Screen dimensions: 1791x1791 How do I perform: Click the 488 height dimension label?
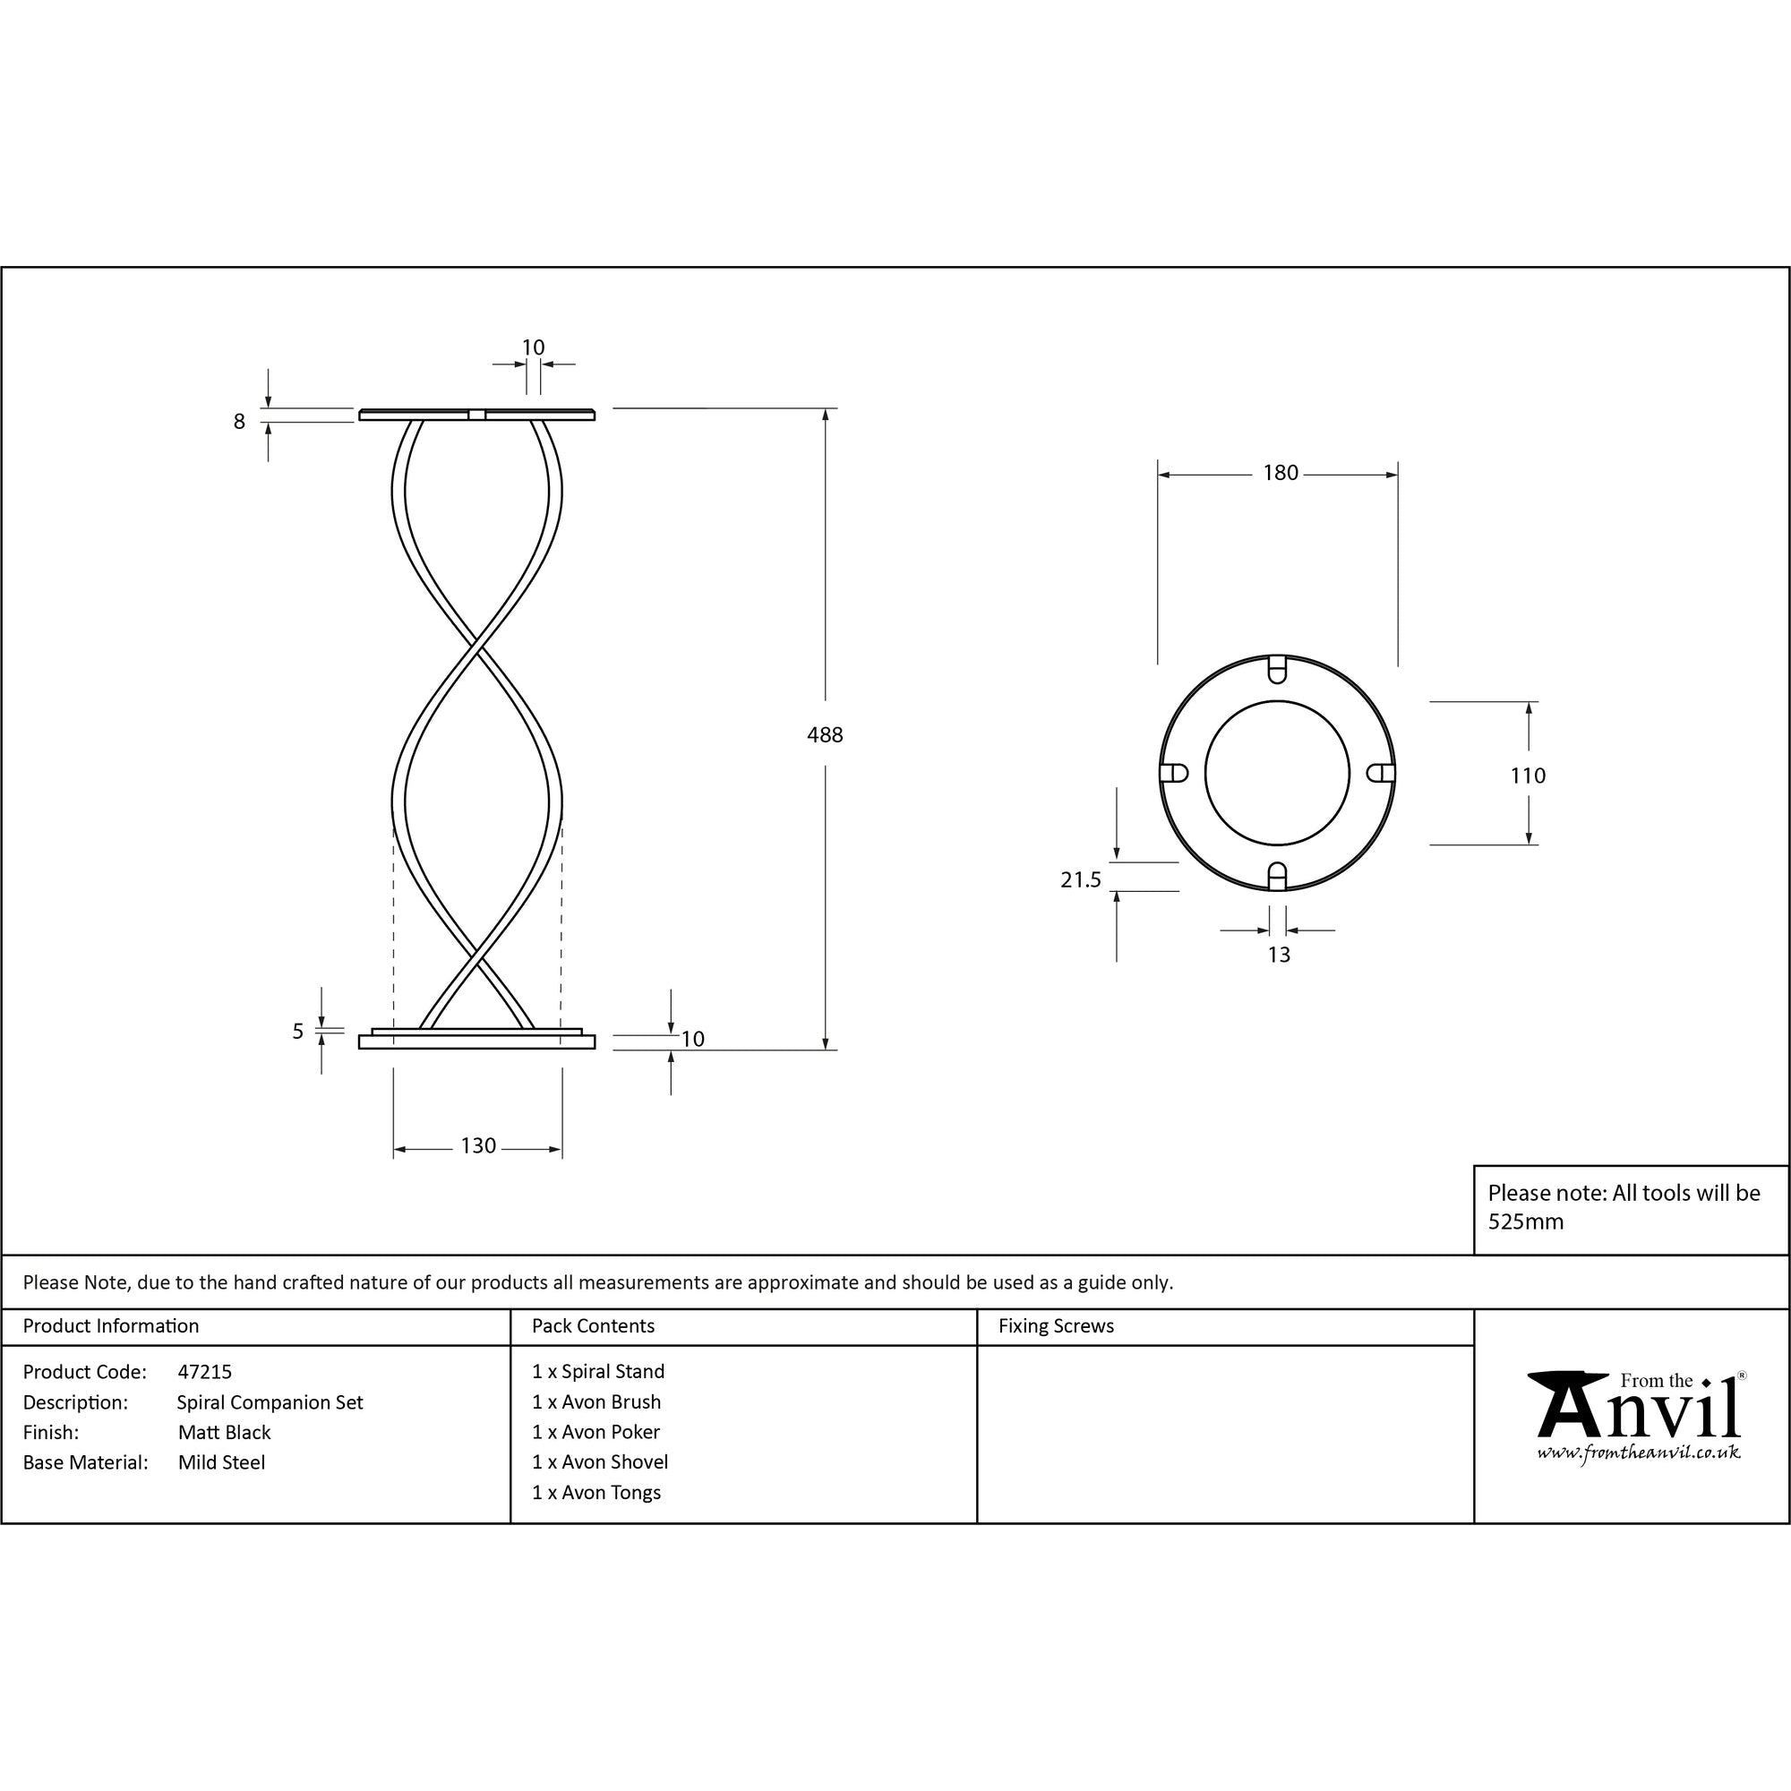[x=824, y=735]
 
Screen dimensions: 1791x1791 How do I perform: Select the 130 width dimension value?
[x=478, y=1146]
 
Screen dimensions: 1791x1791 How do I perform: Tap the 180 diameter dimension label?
[x=1281, y=473]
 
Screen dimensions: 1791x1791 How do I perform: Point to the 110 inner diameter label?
[x=1528, y=776]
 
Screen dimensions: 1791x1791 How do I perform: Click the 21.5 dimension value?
[x=1080, y=879]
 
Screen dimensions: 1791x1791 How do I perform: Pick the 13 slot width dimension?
[x=1279, y=955]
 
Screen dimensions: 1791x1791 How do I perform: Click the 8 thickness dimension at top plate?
[x=239, y=422]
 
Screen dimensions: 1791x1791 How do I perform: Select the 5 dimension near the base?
[x=297, y=1032]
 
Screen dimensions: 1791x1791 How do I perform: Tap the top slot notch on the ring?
[x=1276, y=668]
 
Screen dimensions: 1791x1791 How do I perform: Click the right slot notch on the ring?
[x=1381, y=773]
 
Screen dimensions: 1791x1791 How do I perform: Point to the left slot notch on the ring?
[x=1174, y=773]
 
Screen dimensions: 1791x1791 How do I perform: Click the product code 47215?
[x=204, y=1372]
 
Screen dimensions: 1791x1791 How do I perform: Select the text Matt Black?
[x=225, y=1432]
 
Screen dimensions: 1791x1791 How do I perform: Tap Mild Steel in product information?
[x=221, y=1463]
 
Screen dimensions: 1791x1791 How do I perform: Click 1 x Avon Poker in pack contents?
[x=596, y=1432]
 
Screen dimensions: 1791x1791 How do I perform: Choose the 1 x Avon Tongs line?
[x=596, y=1493]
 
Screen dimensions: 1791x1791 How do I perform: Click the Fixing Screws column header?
[x=1056, y=1326]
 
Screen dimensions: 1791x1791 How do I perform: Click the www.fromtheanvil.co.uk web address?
[x=1638, y=1453]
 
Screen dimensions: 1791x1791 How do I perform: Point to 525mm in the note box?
[x=1526, y=1221]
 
